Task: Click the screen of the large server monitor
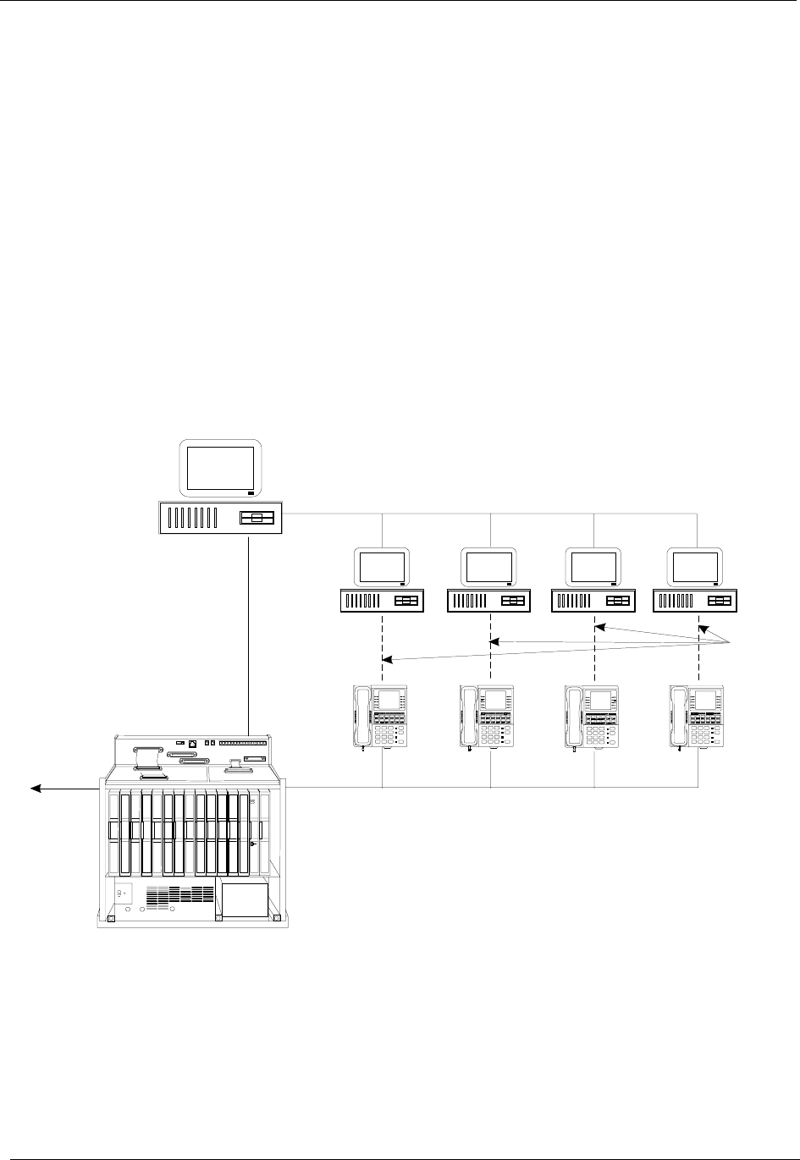point(220,467)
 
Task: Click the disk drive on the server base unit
point(257,519)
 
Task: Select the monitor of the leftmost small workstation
point(382,566)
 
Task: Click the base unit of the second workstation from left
point(489,602)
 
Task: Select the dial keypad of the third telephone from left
point(596,731)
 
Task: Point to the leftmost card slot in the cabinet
point(114,833)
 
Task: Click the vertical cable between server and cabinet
point(249,635)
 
